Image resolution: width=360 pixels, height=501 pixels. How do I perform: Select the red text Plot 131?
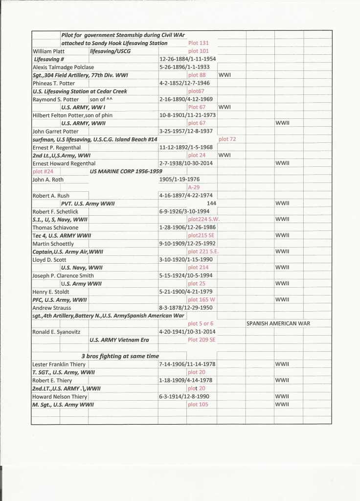tap(198, 43)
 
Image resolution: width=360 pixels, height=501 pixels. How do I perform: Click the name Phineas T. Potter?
tap(53, 83)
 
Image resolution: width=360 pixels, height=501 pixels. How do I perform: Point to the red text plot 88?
tap(197, 75)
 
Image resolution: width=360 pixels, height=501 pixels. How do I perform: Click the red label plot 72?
tap(226, 139)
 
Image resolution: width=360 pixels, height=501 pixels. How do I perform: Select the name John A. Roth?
tap(48, 180)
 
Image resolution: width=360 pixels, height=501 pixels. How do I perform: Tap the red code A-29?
tap(194, 187)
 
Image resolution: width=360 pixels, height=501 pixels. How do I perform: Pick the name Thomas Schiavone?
tap(53, 228)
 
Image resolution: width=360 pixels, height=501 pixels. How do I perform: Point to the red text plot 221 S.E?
tap(203, 251)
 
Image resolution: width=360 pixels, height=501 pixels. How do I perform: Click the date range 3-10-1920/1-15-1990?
tap(184, 259)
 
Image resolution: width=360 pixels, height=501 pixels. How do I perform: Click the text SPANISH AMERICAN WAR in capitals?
tap(278, 323)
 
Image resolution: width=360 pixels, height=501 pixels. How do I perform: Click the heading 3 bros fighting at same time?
tap(120, 356)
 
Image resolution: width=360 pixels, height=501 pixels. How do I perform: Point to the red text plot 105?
tap(198, 404)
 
